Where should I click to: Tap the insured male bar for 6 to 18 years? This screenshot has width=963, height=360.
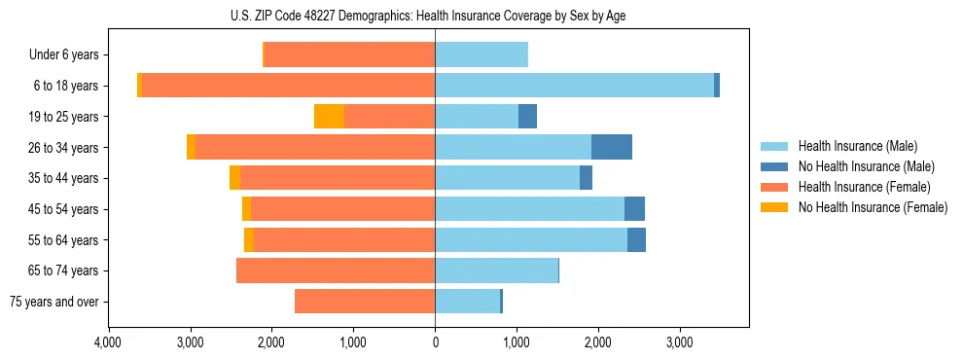coord(574,86)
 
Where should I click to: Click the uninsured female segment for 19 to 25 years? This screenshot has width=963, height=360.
coord(329,117)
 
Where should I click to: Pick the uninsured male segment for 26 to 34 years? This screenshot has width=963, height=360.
coord(612,147)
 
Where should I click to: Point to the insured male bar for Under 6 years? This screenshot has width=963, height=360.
coord(481,54)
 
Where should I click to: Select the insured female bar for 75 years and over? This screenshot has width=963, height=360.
coord(365,302)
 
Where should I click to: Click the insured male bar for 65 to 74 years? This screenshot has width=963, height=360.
coord(496,270)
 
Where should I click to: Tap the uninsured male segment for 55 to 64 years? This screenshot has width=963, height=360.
coord(636,239)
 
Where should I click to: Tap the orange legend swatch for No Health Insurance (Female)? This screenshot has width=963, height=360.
coord(774,207)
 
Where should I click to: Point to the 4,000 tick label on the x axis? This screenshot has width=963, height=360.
coord(108,342)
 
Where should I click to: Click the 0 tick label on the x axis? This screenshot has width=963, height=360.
coord(435,342)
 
